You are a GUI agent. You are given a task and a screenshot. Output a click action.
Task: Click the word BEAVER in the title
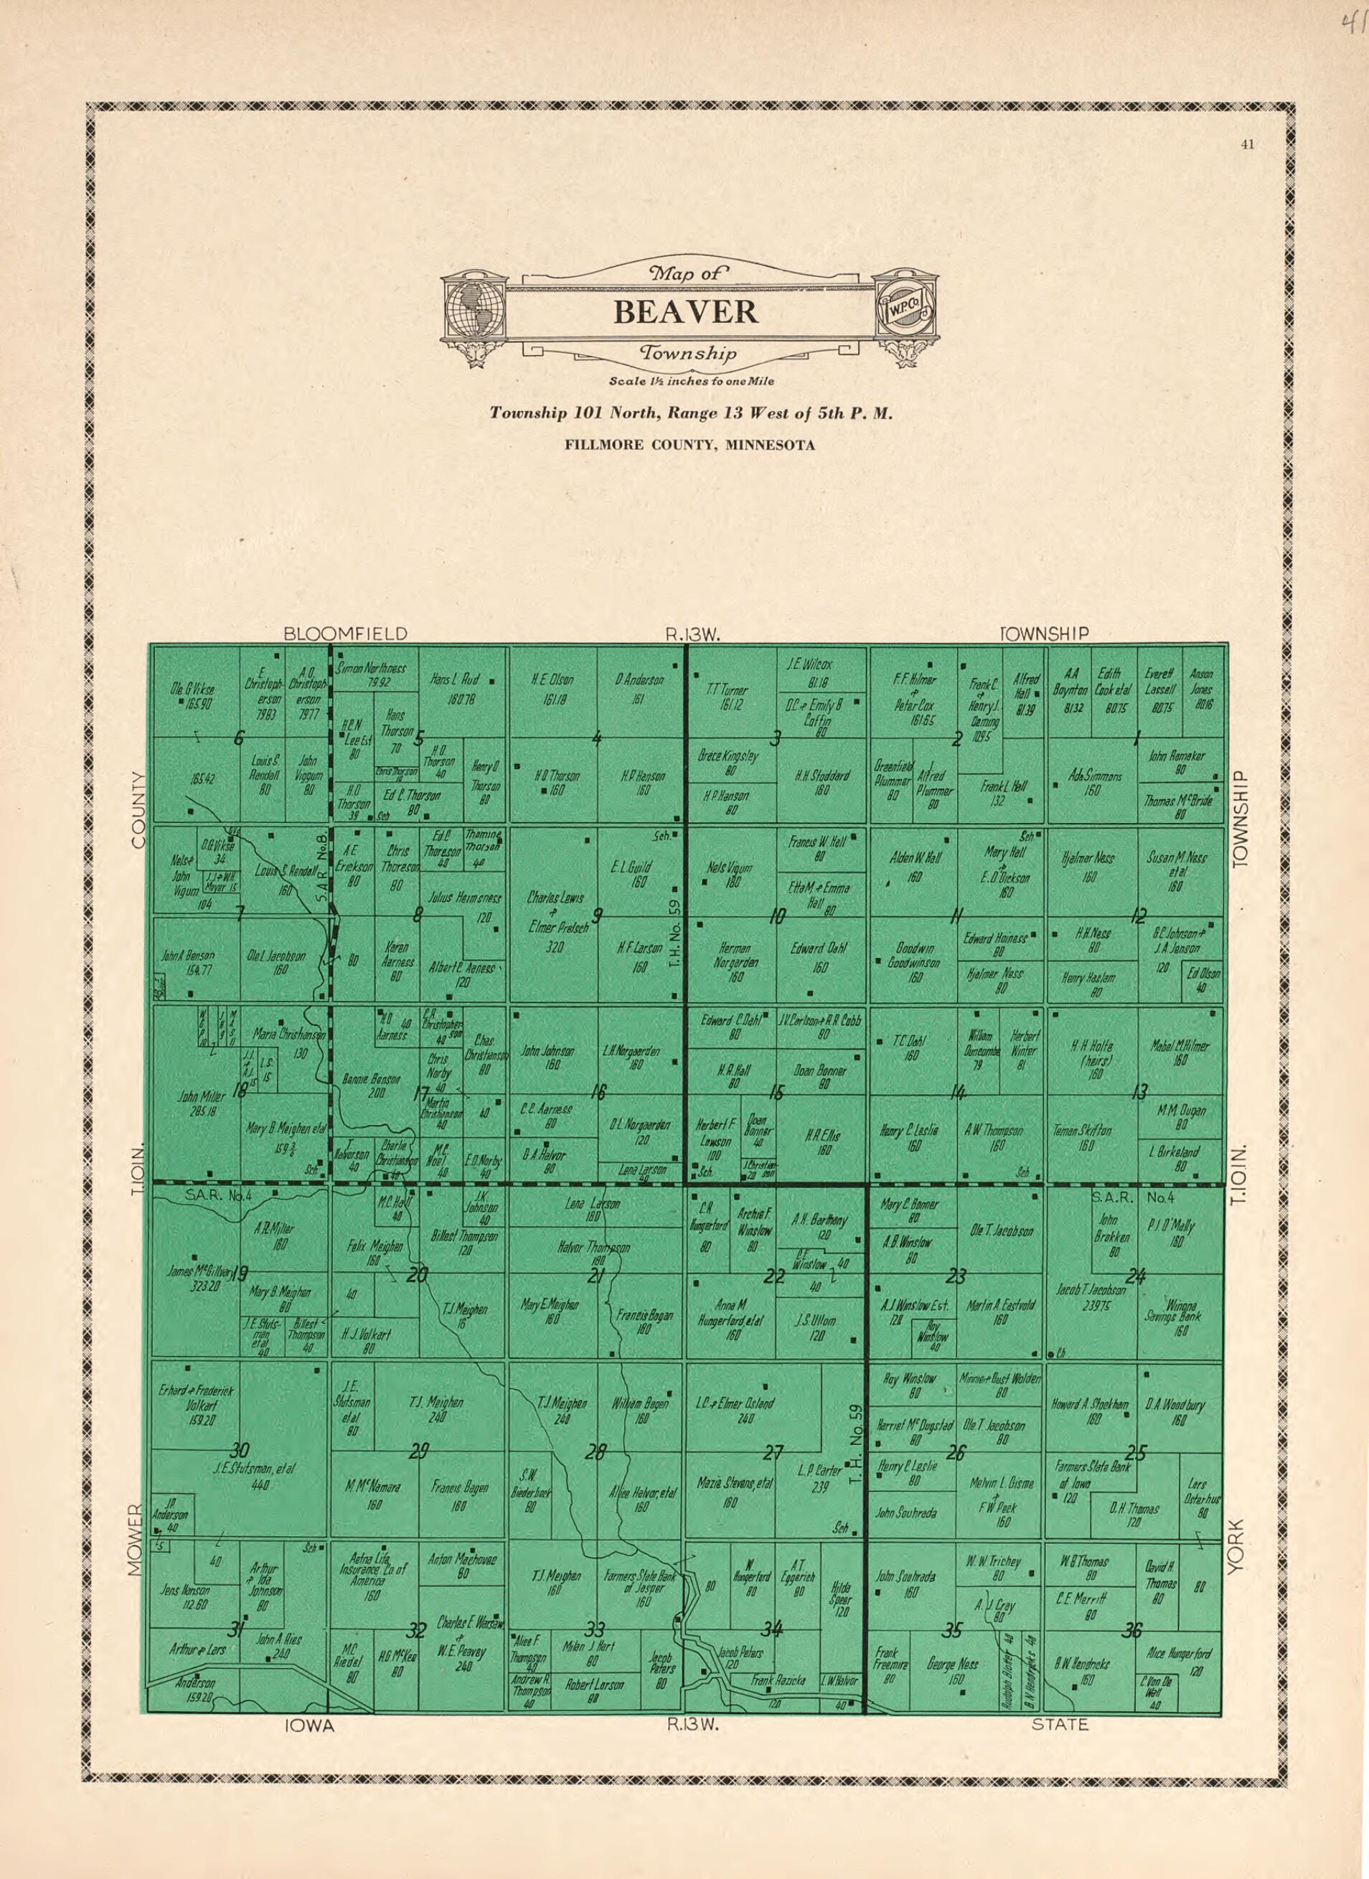coord(685,312)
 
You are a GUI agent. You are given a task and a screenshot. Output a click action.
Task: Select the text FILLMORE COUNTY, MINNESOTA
coord(690,445)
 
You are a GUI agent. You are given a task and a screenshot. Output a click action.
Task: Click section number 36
coord(1132,1631)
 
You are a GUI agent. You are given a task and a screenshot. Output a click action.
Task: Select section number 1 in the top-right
coord(1138,737)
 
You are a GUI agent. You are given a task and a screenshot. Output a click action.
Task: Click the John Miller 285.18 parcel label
coord(202,1103)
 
